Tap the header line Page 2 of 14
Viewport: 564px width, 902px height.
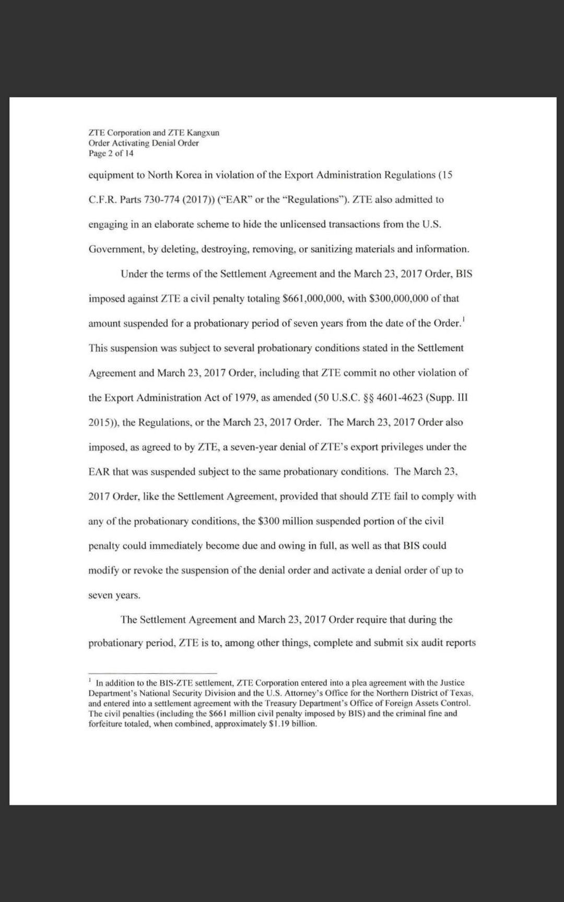[111, 153]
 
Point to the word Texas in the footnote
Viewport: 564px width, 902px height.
[461, 693]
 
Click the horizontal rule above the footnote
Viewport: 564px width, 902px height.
[152, 672]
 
